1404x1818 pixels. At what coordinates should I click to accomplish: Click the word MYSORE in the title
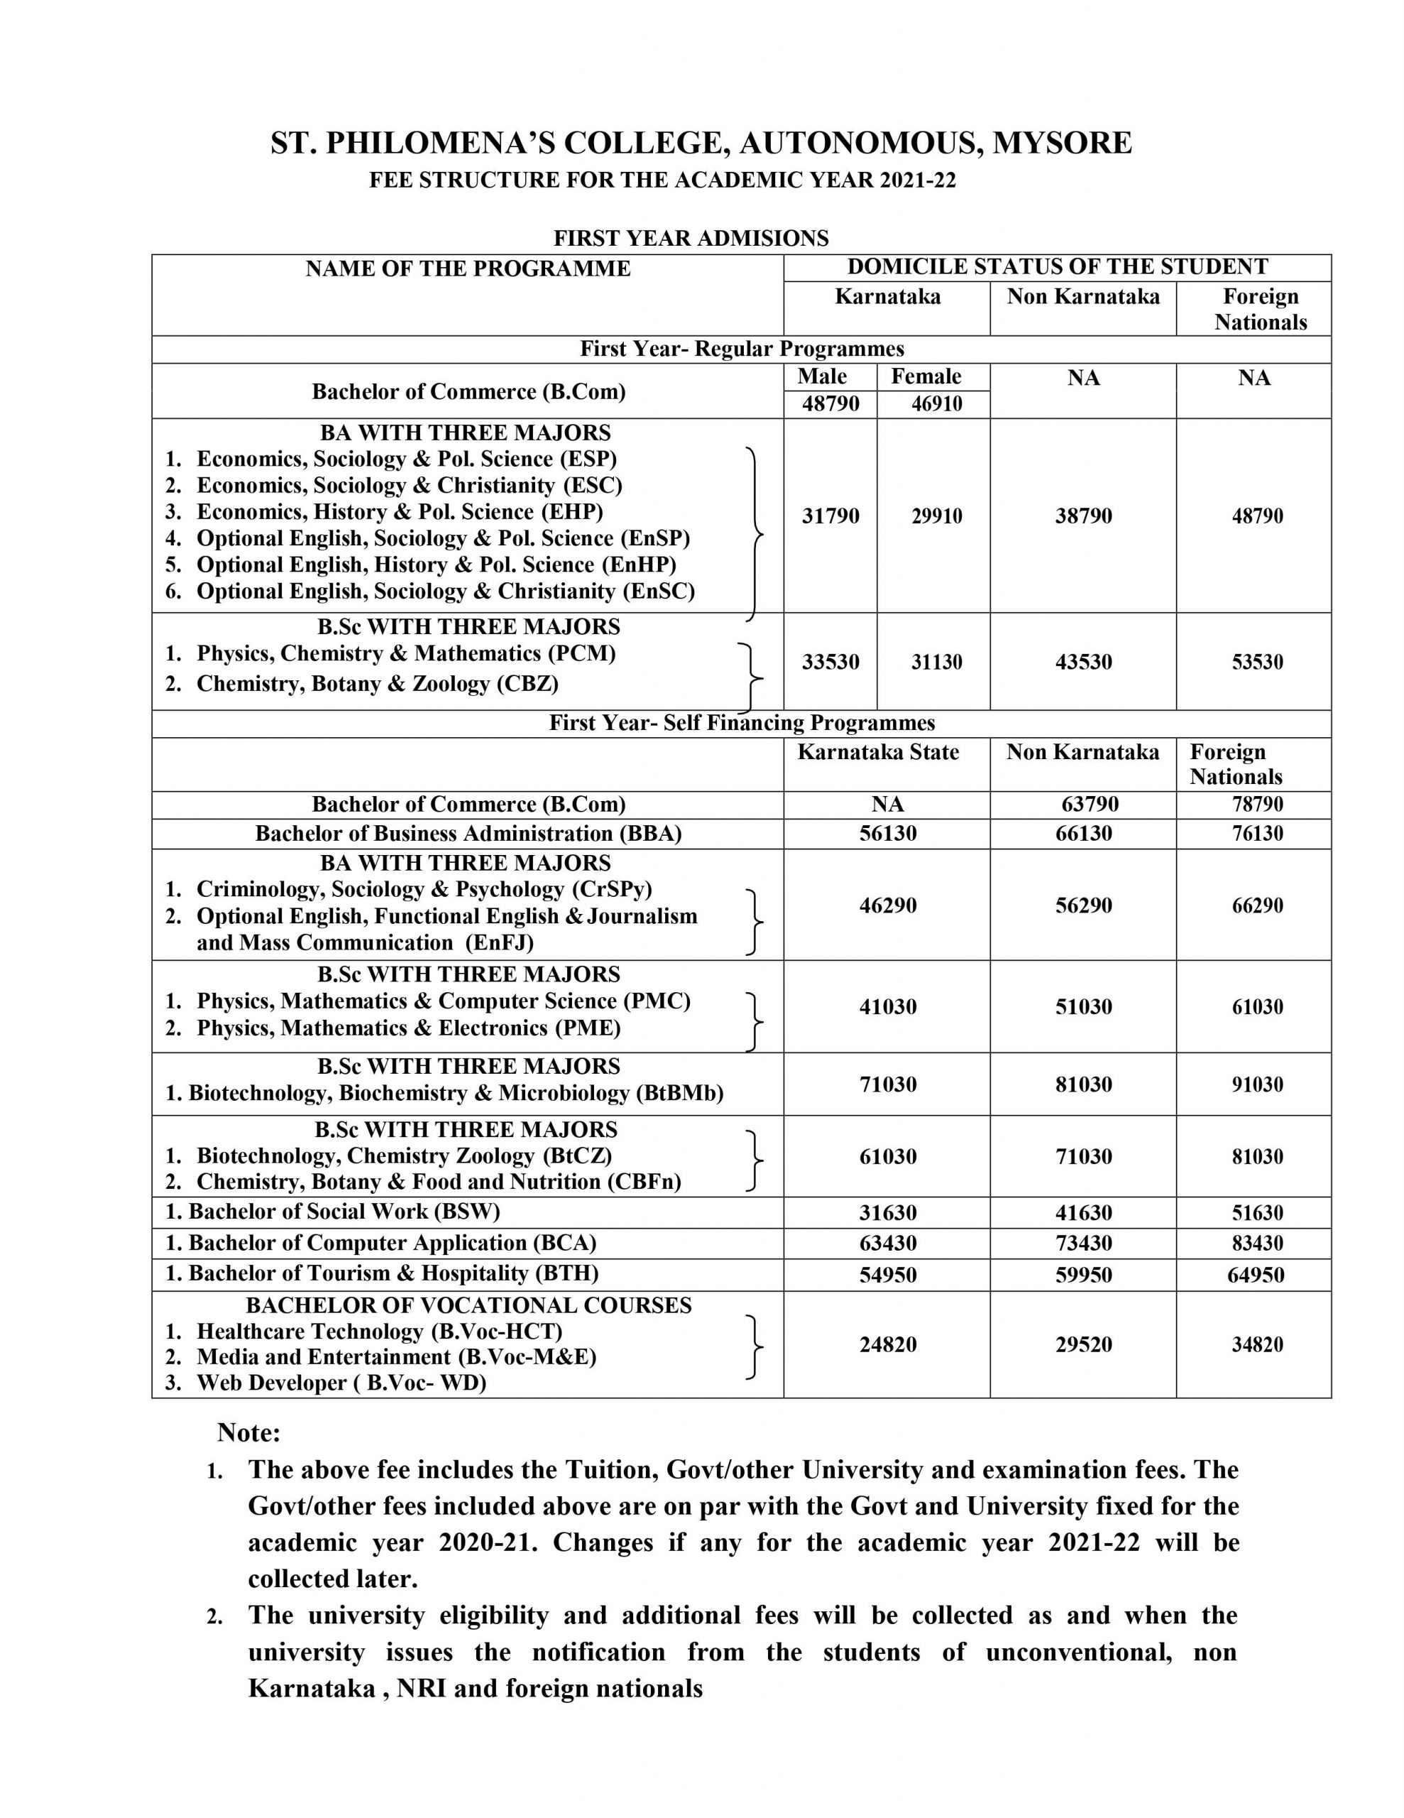pyautogui.click(x=1061, y=143)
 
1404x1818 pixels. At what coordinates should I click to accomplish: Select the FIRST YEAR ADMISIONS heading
pyautogui.click(x=691, y=238)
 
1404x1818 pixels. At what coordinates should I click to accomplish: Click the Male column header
pyautogui.click(x=821, y=376)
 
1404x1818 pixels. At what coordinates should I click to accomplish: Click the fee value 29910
pyautogui.click(x=936, y=516)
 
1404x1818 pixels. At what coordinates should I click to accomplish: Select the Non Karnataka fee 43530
pyautogui.click(x=1084, y=662)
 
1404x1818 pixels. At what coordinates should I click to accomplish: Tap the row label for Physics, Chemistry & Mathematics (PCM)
pyautogui.click(x=405, y=653)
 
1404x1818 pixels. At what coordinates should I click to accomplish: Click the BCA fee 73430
pyautogui.click(x=1084, y=1243)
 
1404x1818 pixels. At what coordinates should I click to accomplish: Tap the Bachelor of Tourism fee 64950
pyautogui.click(x=1256, y=1275)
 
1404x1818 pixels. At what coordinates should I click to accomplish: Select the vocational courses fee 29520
pyautogui.click(x=1084, y=1344)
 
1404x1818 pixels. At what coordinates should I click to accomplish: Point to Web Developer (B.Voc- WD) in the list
pyautogui.click(x=341, y=1383)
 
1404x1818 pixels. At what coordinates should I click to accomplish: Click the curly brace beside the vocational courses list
pyautogui.click(x=754, y=1347)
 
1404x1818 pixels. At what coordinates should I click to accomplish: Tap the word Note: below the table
pyautogui.click(x=249, y=1432)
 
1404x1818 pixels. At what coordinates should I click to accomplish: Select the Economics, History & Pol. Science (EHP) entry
pyautogui.click(x=400, y=512)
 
